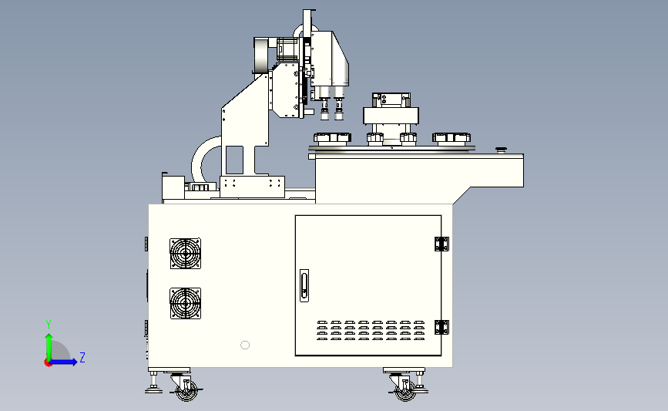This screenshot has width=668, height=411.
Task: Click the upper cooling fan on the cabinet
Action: coord(186,253)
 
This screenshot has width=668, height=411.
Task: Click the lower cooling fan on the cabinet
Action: coord(186,303)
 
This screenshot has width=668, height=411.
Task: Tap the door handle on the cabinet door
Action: coord(304,285)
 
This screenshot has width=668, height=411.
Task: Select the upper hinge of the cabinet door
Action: coord(441,244)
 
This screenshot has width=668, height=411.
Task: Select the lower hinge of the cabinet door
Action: coord(441,328)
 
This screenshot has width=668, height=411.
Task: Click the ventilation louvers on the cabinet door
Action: coord(371,331)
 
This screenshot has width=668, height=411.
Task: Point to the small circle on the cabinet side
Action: coord(245,345)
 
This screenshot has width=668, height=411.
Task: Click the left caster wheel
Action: coord(187,390)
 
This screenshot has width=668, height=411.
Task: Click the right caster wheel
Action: coord(405,390)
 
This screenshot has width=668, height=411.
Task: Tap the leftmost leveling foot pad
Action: coord(153,389)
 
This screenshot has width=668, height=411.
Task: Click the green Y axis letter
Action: coord(49,325)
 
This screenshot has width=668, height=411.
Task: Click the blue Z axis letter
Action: coord(82,357)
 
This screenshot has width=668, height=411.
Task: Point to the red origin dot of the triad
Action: coord(48,363)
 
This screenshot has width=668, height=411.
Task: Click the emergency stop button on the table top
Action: coord(501,150)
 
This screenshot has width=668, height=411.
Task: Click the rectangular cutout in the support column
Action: coord(234,160)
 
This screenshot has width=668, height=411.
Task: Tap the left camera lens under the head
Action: coord(324,109)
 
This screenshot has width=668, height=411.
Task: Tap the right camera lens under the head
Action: coord(339,109)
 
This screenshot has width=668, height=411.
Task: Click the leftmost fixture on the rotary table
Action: coord(332,138)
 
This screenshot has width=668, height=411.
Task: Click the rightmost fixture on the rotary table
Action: coord(451,138)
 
